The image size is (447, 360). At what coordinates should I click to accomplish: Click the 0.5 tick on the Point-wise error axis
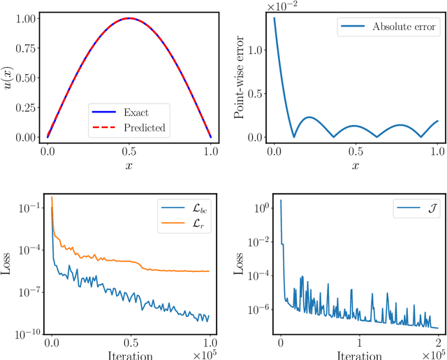[258, 94]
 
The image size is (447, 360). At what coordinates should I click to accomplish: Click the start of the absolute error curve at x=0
[274, 19]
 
